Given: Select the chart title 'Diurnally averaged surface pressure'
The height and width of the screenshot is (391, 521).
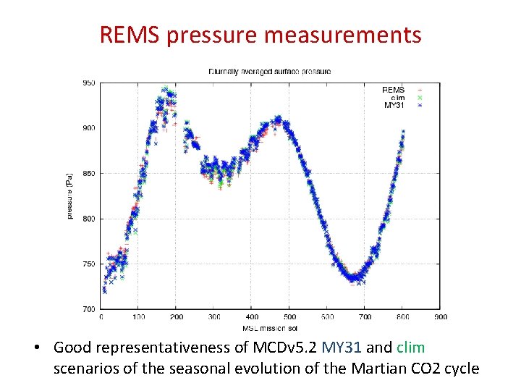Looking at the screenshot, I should pos(269,72).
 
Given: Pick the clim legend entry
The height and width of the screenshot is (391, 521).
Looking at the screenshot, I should pos(397,97).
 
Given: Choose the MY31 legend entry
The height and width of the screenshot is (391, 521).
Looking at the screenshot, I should pos(394,105).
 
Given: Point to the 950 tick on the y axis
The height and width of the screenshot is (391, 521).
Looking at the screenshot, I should pos(88,83).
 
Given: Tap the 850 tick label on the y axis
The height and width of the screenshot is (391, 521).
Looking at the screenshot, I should pos(88,173).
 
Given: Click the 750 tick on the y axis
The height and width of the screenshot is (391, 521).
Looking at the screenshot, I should pos(88,264).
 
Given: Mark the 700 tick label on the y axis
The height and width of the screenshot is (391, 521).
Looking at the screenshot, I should pos(88,309).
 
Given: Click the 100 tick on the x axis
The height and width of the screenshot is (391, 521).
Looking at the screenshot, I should pos(138,316).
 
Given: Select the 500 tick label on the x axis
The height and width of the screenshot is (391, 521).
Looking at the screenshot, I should pos(289,316).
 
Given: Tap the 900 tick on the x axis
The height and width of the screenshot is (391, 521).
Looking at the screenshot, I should pos(440,316).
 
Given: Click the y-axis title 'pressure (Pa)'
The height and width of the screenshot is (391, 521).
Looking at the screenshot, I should pos(71,196).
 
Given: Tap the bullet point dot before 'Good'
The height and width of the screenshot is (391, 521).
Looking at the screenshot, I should pos(35,348).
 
